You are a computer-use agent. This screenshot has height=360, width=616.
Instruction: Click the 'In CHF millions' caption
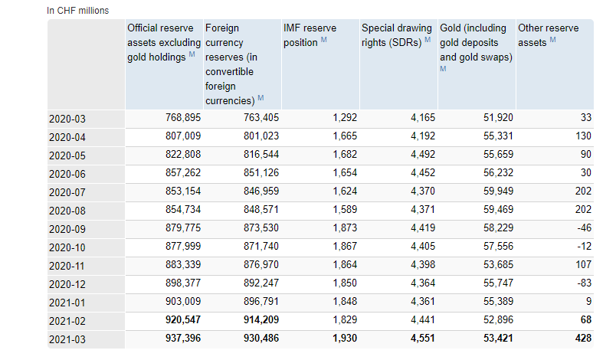[x=77, y=11]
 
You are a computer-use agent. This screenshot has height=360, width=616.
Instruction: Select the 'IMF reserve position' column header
[x=310, y=35]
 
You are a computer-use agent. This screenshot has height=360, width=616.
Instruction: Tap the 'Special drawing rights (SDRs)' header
[x=395, y=35]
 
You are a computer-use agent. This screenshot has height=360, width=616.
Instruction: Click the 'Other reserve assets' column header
[x=549, y=35]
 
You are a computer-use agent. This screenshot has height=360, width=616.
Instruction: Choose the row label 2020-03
[x=68, y=119]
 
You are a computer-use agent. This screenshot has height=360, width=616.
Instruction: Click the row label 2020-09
[x=68, y=228]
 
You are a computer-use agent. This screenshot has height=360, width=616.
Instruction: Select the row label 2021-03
[x=68, y=339]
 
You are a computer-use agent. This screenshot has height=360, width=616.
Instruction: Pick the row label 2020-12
[x=68, y=283]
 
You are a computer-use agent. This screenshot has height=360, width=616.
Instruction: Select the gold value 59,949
[x=494, y=191]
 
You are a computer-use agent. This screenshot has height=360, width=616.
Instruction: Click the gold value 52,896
[x=494, y=319]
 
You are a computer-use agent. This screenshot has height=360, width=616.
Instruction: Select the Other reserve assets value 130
[x=583, y=136]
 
